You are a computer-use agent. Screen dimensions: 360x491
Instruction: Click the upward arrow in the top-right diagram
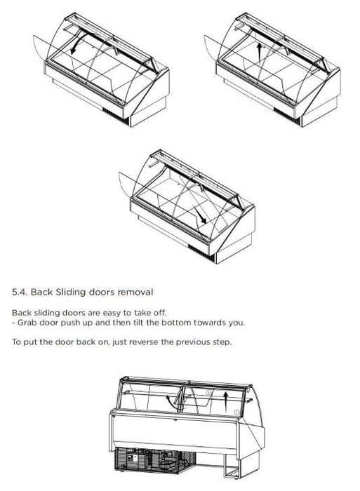[259, 51]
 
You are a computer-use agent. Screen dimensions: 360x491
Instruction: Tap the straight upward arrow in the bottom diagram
[225, 402]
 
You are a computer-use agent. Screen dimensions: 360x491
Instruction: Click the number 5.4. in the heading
[20, 292]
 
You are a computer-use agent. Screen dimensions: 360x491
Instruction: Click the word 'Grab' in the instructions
[27, 323]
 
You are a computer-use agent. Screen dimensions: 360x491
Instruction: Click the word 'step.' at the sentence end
[222, 342]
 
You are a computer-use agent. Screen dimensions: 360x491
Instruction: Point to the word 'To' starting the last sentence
[15, 342]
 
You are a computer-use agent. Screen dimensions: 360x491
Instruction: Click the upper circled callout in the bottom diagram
[209, 392]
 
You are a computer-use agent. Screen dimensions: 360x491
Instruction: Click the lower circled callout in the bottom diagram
[236, 412]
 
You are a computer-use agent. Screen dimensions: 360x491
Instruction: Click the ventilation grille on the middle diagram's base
[201, 251]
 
